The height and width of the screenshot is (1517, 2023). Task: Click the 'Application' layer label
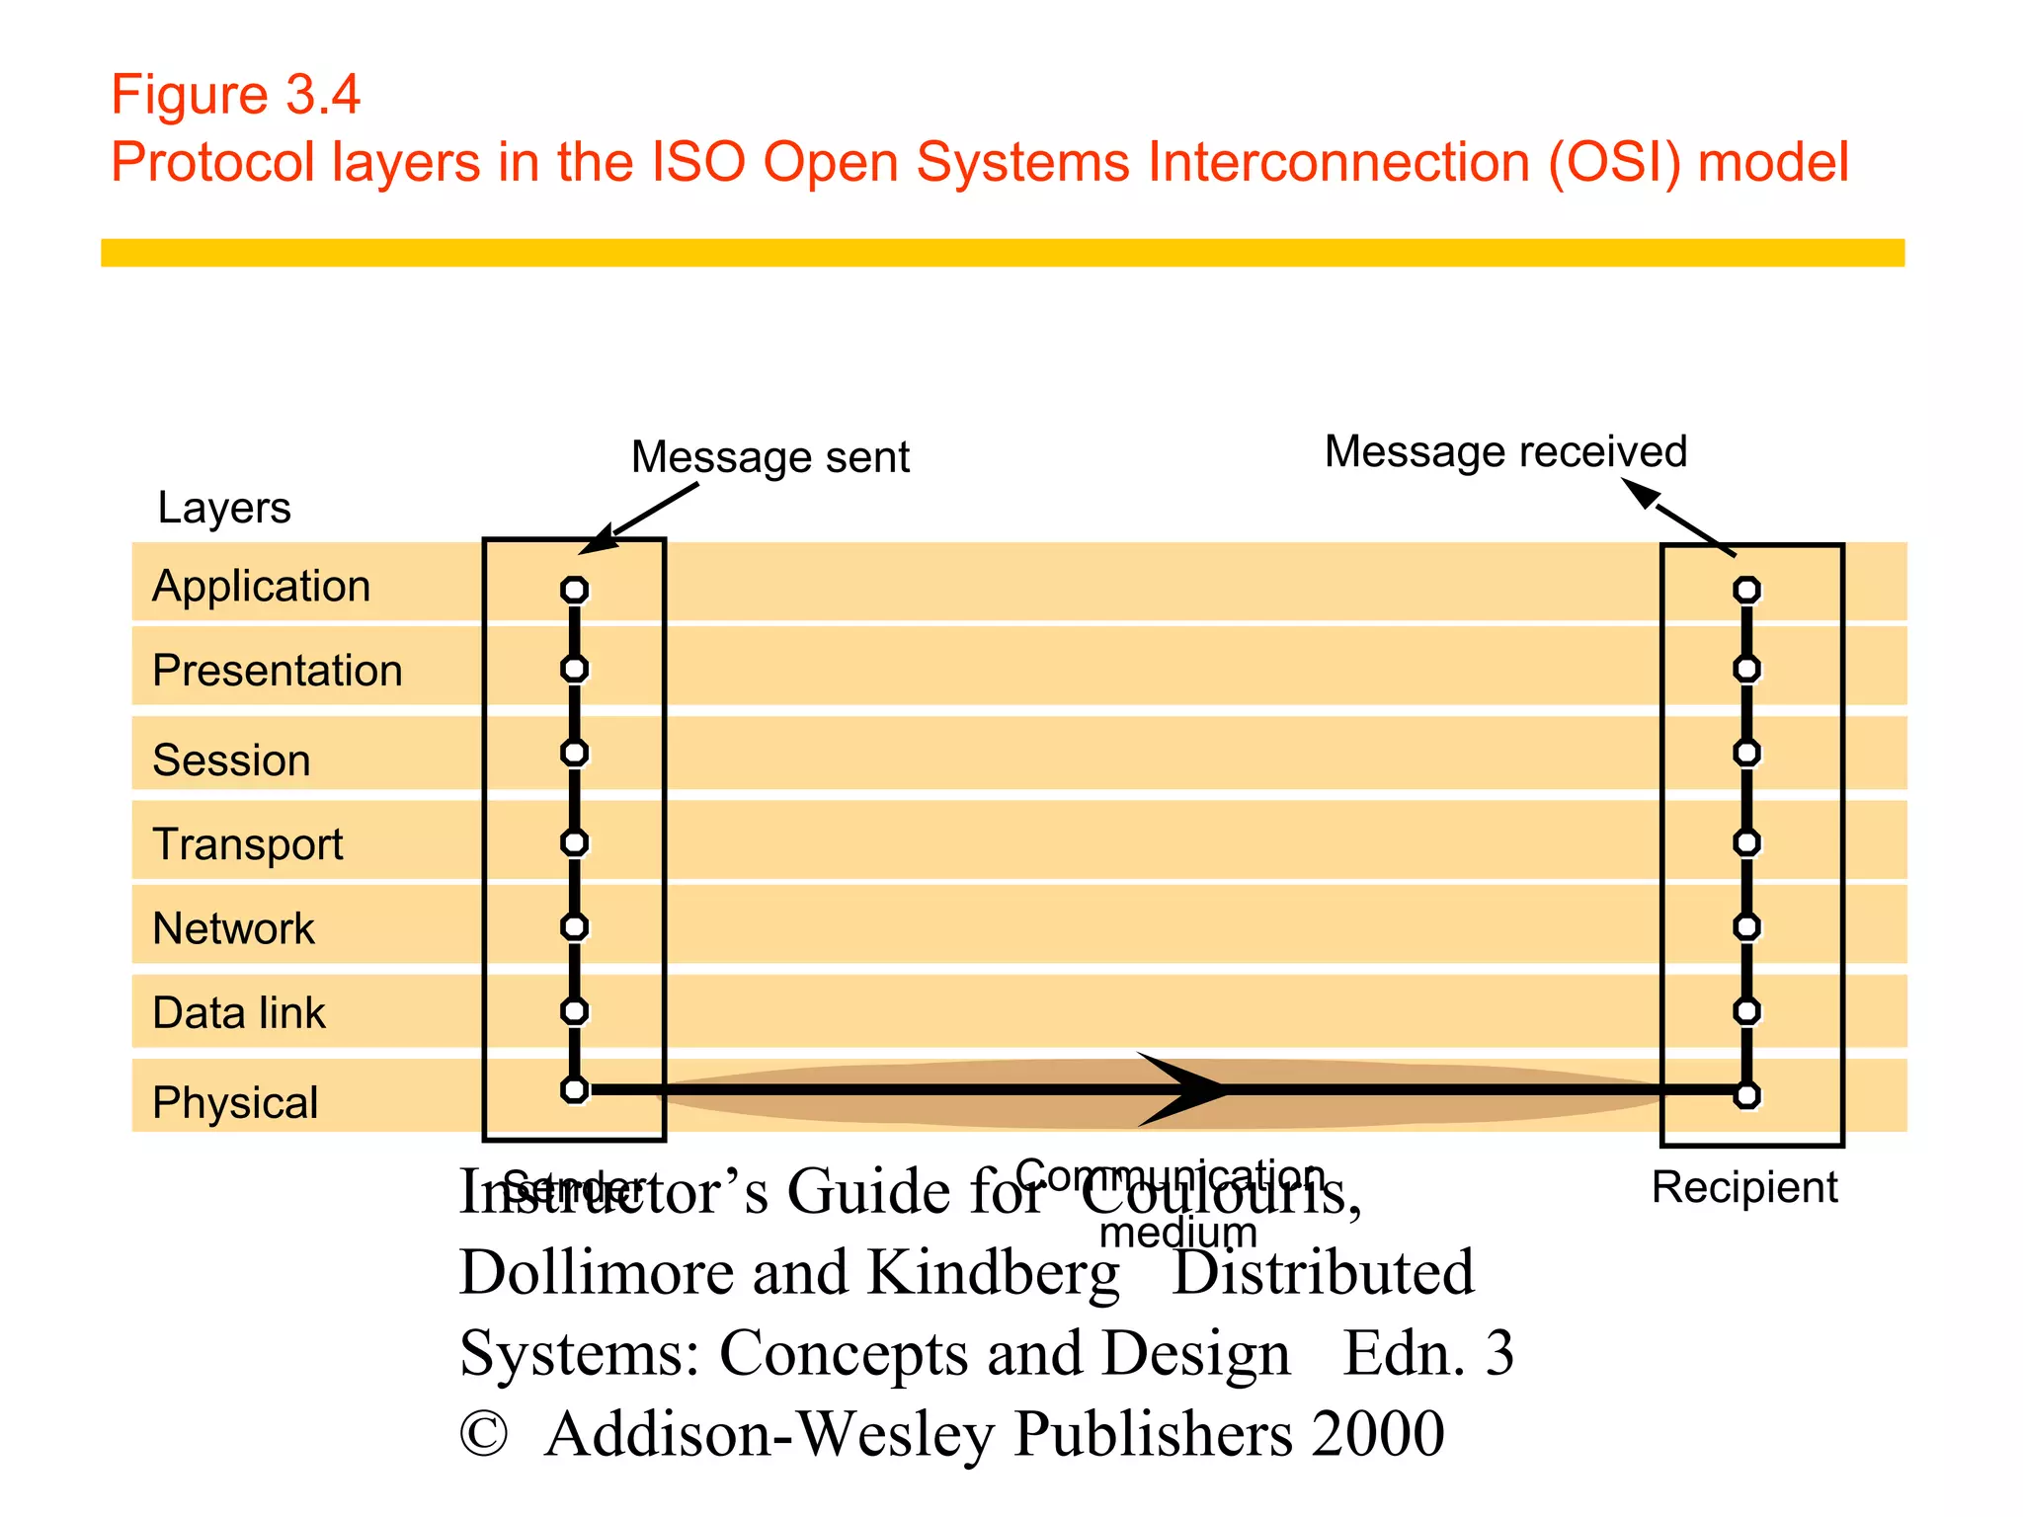(261, 587)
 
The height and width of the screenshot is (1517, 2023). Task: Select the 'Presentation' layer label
(277, 671)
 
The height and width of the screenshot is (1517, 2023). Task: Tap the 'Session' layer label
(231, 760)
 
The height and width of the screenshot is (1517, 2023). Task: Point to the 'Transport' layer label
(247, 844)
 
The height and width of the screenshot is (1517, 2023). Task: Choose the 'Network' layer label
(233, 928)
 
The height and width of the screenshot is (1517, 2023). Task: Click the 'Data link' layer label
(238, 1013)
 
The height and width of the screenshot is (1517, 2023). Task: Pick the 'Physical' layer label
(235, 1102)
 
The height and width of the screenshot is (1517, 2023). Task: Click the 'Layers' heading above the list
(224, 508)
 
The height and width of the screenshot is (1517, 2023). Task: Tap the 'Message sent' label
(769, 457)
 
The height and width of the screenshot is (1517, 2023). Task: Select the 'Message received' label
(1504, 451)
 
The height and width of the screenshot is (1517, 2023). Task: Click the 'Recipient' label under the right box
(1743, 1187)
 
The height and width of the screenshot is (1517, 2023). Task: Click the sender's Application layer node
(574, 591)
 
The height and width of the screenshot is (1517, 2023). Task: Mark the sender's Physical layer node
(574, 1090)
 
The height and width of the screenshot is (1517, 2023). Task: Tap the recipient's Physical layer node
(1746, 1095)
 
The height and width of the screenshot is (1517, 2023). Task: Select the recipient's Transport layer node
(1746, 842)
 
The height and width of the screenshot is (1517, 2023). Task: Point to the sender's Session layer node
(574, 753)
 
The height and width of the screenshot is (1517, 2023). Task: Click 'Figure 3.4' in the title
(235, 95)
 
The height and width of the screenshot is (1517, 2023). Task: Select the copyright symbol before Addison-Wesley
(484, 1434)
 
